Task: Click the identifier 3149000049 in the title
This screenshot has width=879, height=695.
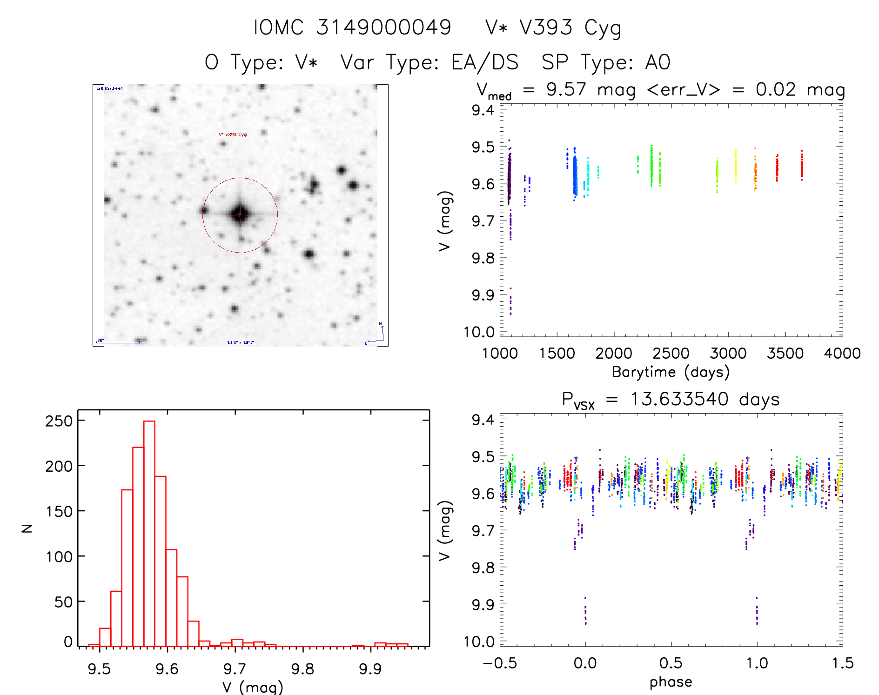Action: [x=383, y=27]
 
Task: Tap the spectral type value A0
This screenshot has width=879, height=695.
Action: [x=658, y=62]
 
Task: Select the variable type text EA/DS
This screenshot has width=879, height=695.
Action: [x=485, y=62]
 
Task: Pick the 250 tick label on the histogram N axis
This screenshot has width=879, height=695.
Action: [x=59, y=421]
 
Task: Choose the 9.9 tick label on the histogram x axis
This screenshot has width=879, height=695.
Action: [x=370, y=669]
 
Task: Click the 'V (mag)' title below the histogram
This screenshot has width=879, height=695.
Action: [x=253, y=687]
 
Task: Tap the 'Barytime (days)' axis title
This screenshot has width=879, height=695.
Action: [x=671, y=372]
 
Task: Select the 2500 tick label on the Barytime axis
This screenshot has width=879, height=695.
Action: [x=671, y=354]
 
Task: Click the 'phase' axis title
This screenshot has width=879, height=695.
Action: [x=671, y=682]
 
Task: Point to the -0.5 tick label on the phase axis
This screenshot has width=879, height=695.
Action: [x=500, y=663]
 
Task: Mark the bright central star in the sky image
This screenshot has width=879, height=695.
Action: [x=240, y=214]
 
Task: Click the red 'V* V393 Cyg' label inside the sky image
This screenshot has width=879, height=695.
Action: [x=233, y=135]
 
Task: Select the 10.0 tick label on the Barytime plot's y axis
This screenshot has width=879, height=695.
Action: [x=479, y=332]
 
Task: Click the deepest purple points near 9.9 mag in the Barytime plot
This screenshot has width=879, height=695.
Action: [x=510, y=302]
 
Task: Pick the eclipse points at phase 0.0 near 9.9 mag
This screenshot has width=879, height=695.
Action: [x=585, y=612]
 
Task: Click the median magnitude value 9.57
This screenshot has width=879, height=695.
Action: [x=566, y=89]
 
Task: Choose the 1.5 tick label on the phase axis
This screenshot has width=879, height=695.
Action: [x=843, y=663]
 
